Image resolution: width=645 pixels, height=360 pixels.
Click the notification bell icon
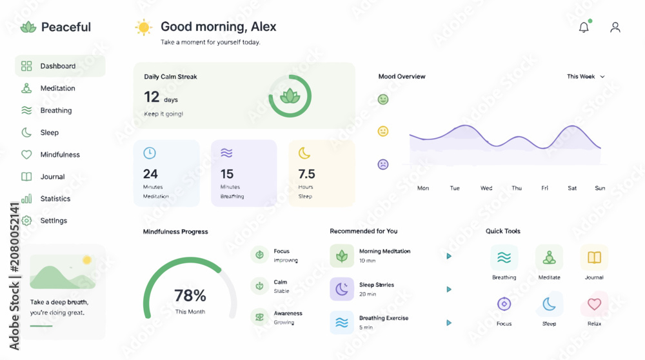tap(584, 27)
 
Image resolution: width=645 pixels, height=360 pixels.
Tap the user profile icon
tap(615, 27)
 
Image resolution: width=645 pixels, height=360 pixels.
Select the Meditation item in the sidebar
tap(57, 88)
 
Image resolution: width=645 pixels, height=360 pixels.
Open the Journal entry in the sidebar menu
tap(52, 177)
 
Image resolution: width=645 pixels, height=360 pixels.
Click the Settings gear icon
tap(26, 221)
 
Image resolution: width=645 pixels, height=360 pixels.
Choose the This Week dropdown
tap(586, 77)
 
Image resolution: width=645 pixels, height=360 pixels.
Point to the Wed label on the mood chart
tap(486, 188)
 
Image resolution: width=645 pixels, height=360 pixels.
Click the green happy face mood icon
tap(383, 99)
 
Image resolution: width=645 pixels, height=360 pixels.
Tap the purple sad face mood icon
tap(383, 165)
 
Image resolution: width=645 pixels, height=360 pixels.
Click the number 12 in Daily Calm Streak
tap(152, 97)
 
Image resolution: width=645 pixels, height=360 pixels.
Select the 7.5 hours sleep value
tap(306, 174)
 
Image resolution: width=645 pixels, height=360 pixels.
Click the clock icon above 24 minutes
tap(150, 153)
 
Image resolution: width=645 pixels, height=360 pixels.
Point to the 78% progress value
tap(190, 295)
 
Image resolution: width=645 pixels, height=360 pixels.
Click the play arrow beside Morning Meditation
tap(449, 256)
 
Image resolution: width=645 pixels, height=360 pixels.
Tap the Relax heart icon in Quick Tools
tap(594, 304)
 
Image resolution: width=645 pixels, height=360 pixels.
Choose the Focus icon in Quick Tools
tap(504, 304)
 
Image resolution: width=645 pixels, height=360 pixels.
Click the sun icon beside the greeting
tap(144, 28)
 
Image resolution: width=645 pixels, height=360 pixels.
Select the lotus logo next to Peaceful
tap(28, 27)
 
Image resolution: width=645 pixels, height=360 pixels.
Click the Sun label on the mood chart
tap(600, 188)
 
